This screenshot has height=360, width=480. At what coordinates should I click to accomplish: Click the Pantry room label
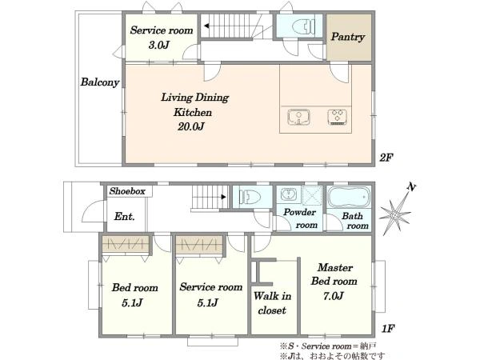[348, 37]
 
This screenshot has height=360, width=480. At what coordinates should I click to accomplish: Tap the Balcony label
[100, 82]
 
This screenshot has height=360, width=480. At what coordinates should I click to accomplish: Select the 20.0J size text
[191, 126]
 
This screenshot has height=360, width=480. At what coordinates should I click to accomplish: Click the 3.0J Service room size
[159, 46]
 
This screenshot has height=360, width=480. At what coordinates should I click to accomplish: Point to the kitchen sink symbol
[298, 118]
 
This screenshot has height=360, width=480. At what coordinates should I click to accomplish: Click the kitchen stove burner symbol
[337, 117]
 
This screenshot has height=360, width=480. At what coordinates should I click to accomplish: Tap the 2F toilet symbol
[304, 26]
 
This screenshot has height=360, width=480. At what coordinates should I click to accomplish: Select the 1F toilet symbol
[250, 196]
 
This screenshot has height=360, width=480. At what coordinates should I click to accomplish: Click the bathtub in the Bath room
[349, 197]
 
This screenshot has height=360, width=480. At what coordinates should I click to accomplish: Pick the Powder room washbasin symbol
[288, 194]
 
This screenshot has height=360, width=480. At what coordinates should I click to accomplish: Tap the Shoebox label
[127, 191]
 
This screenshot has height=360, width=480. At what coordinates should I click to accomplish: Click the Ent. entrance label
[124, 217]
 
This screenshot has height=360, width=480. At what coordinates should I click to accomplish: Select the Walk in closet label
[272, 303]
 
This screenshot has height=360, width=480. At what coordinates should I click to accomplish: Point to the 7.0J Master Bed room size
[334, 296]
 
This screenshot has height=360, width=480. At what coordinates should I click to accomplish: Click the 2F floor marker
[386, 158]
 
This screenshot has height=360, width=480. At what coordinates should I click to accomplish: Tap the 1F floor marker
[387, 329]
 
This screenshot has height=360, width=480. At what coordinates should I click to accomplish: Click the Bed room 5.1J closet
[126, 244]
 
